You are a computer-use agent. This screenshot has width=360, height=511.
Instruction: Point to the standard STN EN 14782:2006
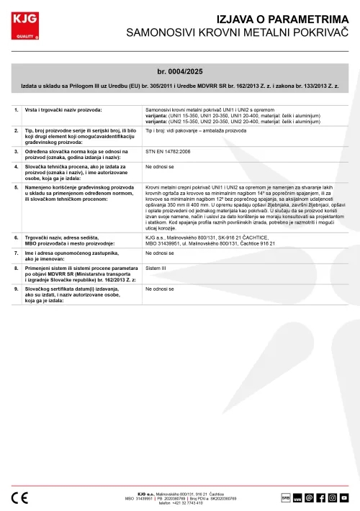point(169,153)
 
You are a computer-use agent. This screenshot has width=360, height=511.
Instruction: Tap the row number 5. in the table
point(17,186)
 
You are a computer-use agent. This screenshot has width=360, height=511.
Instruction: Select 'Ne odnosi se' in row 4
point(159,166)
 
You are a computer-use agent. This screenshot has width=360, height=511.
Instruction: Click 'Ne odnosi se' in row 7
point(159,253)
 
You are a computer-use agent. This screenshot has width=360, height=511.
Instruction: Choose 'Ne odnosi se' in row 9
point(159,288)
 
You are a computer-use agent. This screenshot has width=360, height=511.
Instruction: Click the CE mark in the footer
point(20,497)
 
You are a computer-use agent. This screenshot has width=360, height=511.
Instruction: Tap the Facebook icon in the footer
point(320,497)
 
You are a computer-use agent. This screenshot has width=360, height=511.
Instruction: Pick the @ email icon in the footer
point(308,497)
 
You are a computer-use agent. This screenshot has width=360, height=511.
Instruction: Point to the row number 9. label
point(17,288)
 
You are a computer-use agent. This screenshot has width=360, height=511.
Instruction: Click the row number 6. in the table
point(17,235)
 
